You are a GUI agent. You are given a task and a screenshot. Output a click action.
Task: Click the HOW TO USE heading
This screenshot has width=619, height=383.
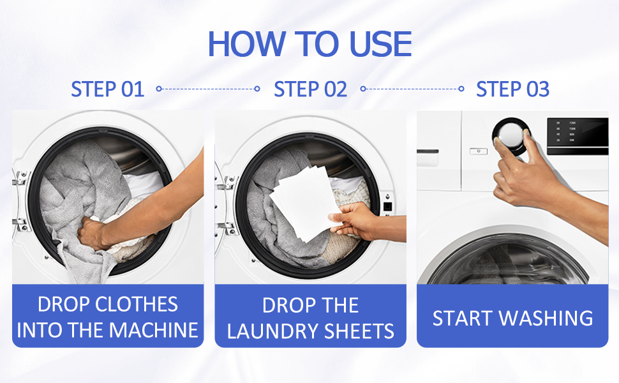pos(309,43)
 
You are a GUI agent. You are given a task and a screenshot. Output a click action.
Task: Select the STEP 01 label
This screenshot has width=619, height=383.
pos(107,89)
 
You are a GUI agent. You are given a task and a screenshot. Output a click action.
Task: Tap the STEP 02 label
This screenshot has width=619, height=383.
pos(310,89)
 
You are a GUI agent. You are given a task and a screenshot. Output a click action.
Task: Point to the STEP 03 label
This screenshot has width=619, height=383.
pos(512,89)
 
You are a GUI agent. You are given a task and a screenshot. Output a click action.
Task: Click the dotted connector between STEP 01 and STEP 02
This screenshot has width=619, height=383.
pos(208,89)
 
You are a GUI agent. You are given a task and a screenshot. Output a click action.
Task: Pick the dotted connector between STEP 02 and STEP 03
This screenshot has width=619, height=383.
pos(412,89)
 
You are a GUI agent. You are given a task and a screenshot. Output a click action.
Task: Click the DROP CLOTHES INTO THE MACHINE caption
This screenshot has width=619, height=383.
pos(108,317)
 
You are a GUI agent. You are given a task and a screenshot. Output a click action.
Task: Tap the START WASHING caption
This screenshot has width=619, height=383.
pos(512,317)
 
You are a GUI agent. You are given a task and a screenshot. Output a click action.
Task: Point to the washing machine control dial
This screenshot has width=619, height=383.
pos(510,137)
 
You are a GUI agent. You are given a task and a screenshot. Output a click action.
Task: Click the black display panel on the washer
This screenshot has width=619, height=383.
pos(577,136)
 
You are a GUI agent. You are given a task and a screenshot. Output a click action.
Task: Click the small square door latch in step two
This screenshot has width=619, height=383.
pos(387,206)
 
